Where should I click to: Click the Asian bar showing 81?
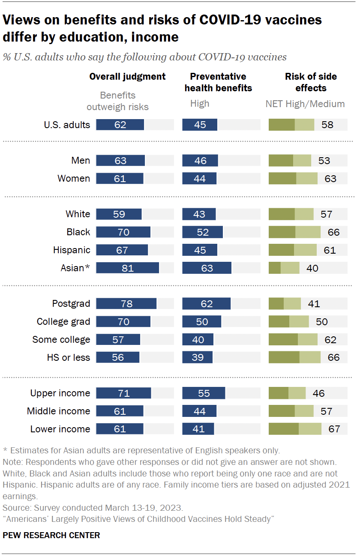pyautogui.click(x=127, y=268)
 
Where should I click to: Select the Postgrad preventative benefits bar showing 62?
pyautogui.click(x=206, y=304)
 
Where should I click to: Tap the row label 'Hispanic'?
pyautogui.click(x=72, y=250)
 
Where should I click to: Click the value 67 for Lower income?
pyautogui.click(x=334, y=429)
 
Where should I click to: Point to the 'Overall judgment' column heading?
pyautogui.click(x=127, y=77)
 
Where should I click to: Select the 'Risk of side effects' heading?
pyautogui.click(x=311, y=82)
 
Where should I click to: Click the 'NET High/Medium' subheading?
pyautogui.click(x=305, y=104)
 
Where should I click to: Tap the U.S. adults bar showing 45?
pyautogui.click(x=200, y=125)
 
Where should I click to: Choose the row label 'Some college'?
pyautogui.click(x=61, y=340)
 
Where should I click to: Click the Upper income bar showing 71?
pyautogui.click(x=123, y=393)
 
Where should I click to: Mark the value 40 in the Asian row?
pyautogui.click(x=312, y=268)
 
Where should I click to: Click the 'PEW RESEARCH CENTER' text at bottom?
pyautogui.click(x=51, y=535)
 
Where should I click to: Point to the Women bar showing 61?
pyautogui.click(x=120, y=179)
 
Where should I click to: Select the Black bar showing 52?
pyautogui.click(x=202, y=232)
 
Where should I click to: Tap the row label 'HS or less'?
pyautogui.click(x=68, y=357)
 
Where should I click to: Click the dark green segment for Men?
pyautogui.click(x=281, y=161)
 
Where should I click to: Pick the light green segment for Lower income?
pyautogui.click(x=310, y=429)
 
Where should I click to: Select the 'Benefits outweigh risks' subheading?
pyautogui.click(x=117, y=101)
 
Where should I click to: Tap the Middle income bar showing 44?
pyautogui.click(x=199, y=411)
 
